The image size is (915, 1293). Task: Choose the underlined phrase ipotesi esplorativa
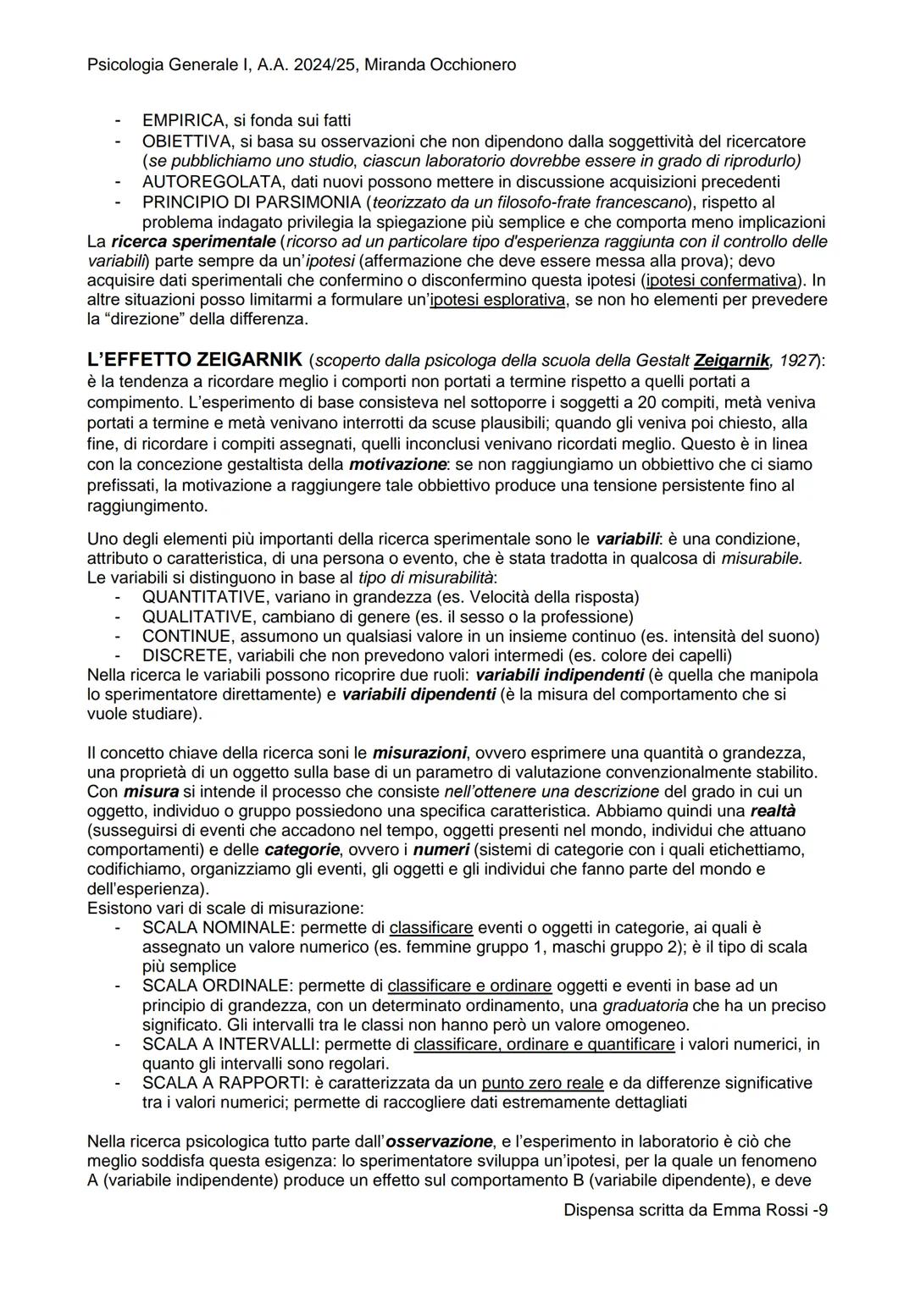coord(497,301)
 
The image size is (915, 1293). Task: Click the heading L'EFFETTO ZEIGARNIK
coord(195,361)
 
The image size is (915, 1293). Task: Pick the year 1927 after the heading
coord(796,362)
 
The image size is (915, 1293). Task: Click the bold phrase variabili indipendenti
coord(560,676)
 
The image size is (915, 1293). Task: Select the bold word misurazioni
coord(419,753)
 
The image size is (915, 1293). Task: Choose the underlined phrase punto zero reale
coord(542,1083)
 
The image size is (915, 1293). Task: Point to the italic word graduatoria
coord(645,1006)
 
